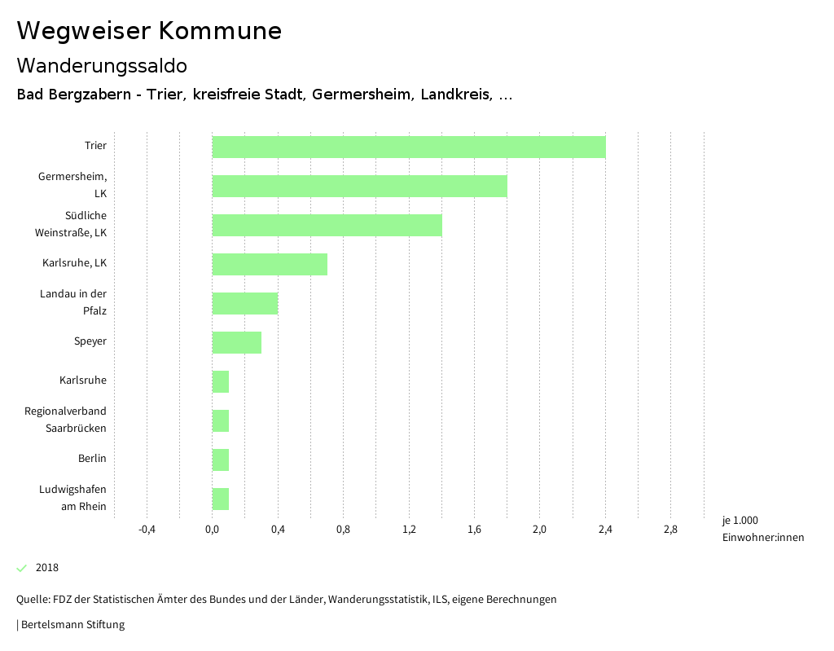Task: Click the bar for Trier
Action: (409, 147)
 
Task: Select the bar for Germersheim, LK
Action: (360, 186)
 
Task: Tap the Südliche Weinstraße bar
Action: (327, 225)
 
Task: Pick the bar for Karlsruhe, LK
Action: (270, 264)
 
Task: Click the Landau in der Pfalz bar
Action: (245, 303)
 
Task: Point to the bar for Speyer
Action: (237, 342)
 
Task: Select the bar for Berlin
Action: (221, 460)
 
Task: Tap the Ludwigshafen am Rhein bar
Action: (221, 499)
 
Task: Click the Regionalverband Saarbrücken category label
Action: (65, 420)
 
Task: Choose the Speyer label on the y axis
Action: (90, 341)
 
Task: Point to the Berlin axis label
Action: (92, 459)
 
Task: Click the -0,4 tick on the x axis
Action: (147, 530)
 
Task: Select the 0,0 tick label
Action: (212, 530)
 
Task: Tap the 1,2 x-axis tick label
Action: (409, 530)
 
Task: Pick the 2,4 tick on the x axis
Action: (605, 530)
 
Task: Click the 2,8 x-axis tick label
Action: (670, 530)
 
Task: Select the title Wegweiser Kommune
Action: (149, 31)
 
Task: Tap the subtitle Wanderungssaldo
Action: (102, 65)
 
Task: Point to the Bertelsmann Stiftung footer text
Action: (72, 625)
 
